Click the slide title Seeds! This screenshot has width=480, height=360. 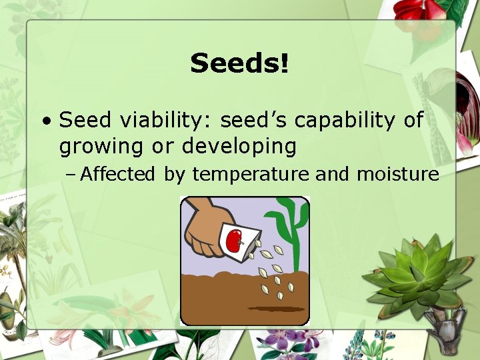pos(239,64)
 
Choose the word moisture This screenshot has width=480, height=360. pos(397,175)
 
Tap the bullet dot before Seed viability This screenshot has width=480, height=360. pos(46,122)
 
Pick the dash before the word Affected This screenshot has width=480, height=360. pos(71,175)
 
